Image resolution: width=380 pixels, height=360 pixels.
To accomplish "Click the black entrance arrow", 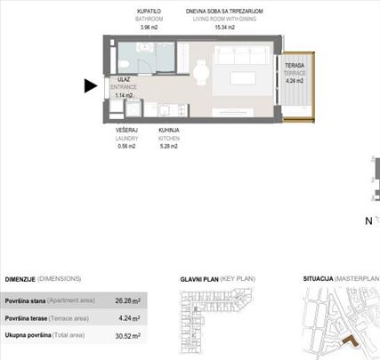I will [x=90, y=86].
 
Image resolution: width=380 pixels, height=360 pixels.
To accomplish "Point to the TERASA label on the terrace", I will [x=295, y=67].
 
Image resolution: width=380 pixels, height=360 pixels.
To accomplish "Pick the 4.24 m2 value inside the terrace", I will [x=295, y=81].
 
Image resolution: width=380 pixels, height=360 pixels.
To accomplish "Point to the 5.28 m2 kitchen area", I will [x=169, y=147].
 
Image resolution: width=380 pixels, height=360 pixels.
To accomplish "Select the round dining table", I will [x=202, y=74].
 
